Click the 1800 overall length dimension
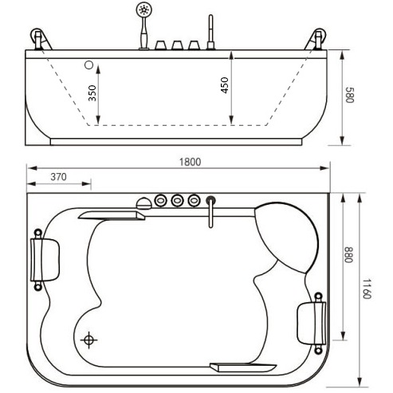(190, 162)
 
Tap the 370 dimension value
(58, 177)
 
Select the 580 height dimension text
(349, 95)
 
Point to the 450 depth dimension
(225, 85)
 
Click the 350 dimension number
(92, 93)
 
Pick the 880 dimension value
(348, 254)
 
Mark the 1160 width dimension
(367, 289)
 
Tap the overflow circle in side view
(89, 65)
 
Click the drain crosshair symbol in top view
(88, 340)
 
